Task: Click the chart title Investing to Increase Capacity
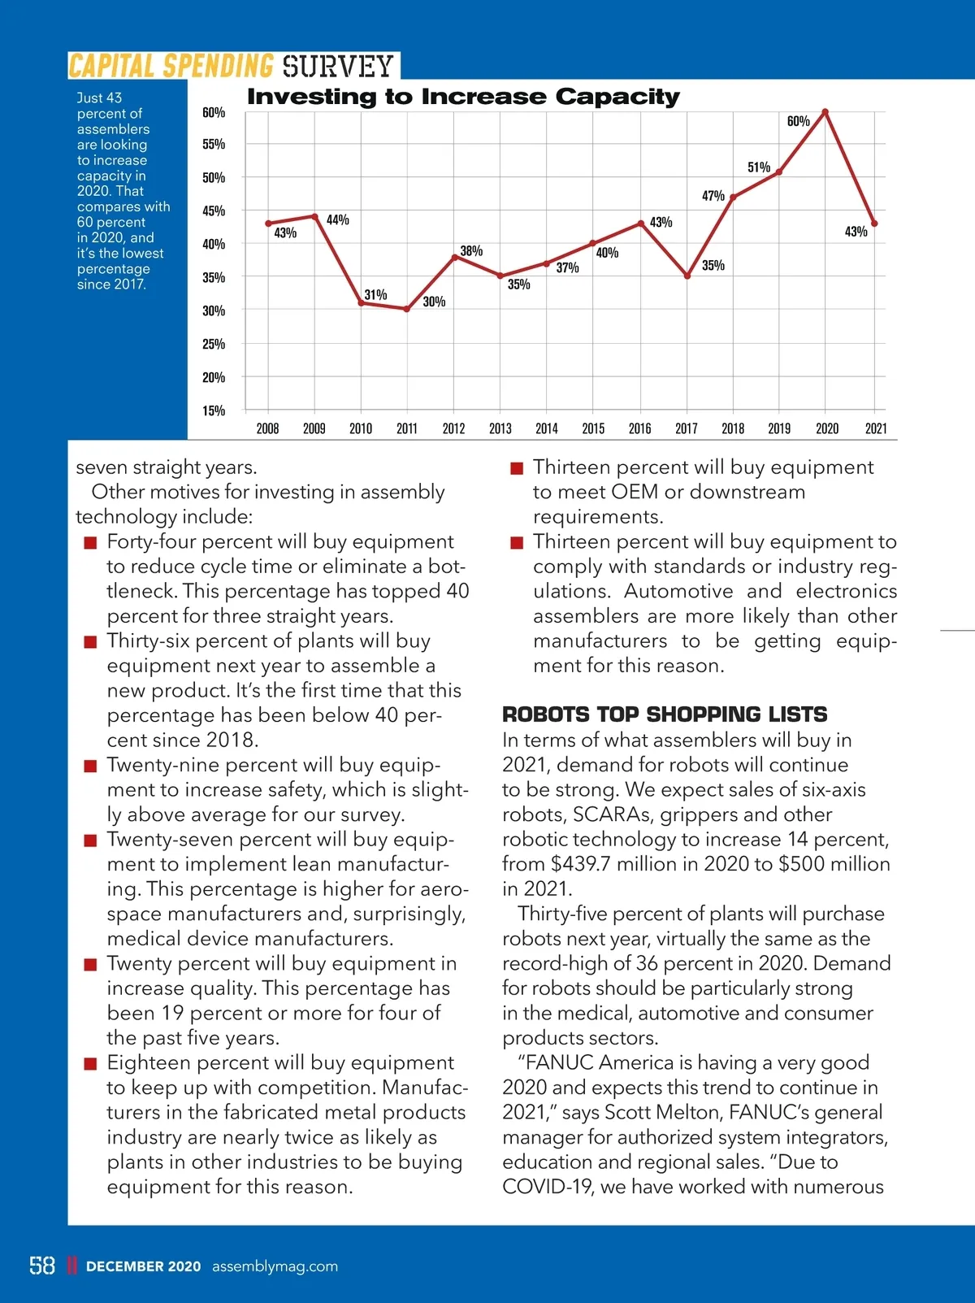tap(463, 97)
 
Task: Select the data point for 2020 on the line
tap(825, 111)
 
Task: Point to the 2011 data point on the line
tap(406, 309)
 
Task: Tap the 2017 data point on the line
tap(687, 276)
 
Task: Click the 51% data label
tap(759, 167)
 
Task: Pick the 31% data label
tap(375, 294)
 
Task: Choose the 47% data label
tap(713, 196)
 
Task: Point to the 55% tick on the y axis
tap(214, 145)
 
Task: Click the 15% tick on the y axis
tap(214, 410)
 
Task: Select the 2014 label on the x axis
tap(547, 428)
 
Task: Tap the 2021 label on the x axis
tap(876, 428)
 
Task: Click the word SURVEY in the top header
tap(338, 66)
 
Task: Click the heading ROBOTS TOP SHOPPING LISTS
tap(665, 714)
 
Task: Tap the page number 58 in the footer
tap(42, 1266)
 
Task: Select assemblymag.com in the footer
tap(275, 1266)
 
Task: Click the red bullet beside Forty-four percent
tap(90, 543)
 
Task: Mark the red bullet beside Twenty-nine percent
tap(90, 767)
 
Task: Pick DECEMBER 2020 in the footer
tap(143, 1266)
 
